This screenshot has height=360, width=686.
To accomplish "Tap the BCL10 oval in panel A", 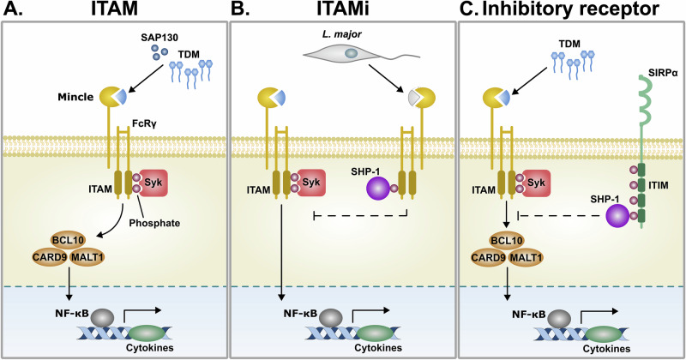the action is click(x=68, y=240).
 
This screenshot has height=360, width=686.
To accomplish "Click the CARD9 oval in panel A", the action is click(x=50, y=257).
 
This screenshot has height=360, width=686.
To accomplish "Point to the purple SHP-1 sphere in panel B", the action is click(x=377, y=189).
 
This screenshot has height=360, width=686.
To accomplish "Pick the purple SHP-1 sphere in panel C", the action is click(x=617, y=216).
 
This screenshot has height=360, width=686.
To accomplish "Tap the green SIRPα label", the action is click(x=664, y=73).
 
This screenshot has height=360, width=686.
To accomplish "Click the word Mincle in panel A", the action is click(x=75, y=97).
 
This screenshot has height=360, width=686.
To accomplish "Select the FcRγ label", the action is click(x=144, y=123).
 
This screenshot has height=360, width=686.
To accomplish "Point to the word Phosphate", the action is click(x=154, y=223).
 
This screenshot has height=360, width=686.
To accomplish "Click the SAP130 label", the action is click(x=159, y=37).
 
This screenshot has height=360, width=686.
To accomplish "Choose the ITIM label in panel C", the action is click(x=659, y=185).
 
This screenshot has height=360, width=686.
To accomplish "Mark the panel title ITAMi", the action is click(x=343, y=9).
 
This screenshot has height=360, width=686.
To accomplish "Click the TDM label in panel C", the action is click(x=569, y=44).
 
